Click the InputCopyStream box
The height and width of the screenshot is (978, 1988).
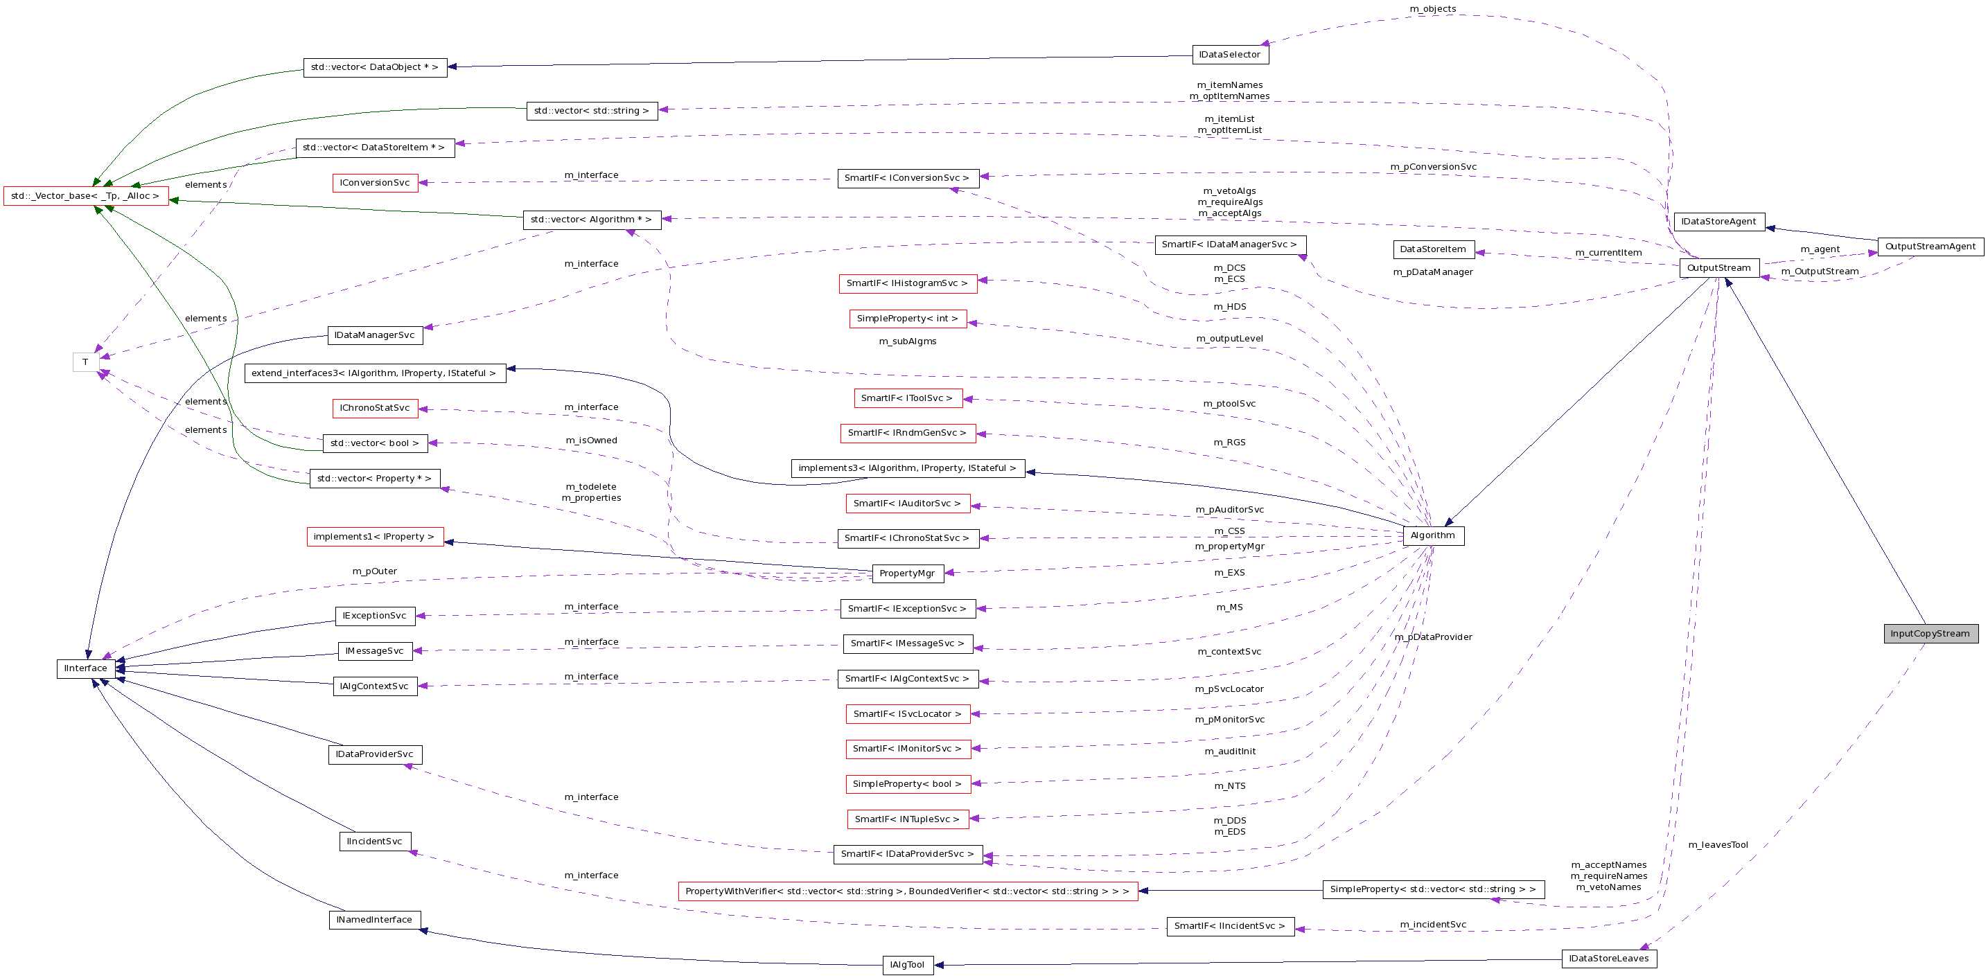[x=1930, y=633]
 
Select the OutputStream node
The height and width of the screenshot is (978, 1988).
[x=1718, y=267]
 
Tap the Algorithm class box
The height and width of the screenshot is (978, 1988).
[x=1432, y=535]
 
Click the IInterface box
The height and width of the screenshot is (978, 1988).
[x=86, y=668]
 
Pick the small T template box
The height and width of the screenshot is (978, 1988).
[x=86, y=362]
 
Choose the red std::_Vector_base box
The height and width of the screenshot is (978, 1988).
[x=86, y=196]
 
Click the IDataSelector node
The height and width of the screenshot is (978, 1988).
[x=1229, y=55]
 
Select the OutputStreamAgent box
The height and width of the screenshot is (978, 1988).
[x=1929, y=247]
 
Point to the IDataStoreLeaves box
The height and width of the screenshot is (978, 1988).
[x=1608, y=958]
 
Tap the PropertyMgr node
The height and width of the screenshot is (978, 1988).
[x=907, y=573]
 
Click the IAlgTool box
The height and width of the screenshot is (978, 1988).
[x=907, y=965]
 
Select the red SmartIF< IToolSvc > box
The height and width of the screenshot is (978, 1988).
[x=908, y=398]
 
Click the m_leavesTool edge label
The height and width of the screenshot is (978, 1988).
[x=1718, y=844]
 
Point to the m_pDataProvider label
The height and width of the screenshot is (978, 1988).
[x=1433, y=637]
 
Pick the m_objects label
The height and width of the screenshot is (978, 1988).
[x=1432, y=9]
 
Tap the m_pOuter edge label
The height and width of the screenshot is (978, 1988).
[x=374, y=571]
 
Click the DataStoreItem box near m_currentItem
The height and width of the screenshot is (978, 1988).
[x=1433, y=249]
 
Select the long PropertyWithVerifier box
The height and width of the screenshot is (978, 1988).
[x=907, y=891]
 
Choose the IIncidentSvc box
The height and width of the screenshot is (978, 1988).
[x=374, y=841]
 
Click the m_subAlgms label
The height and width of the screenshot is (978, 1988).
[x=907, y=341]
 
